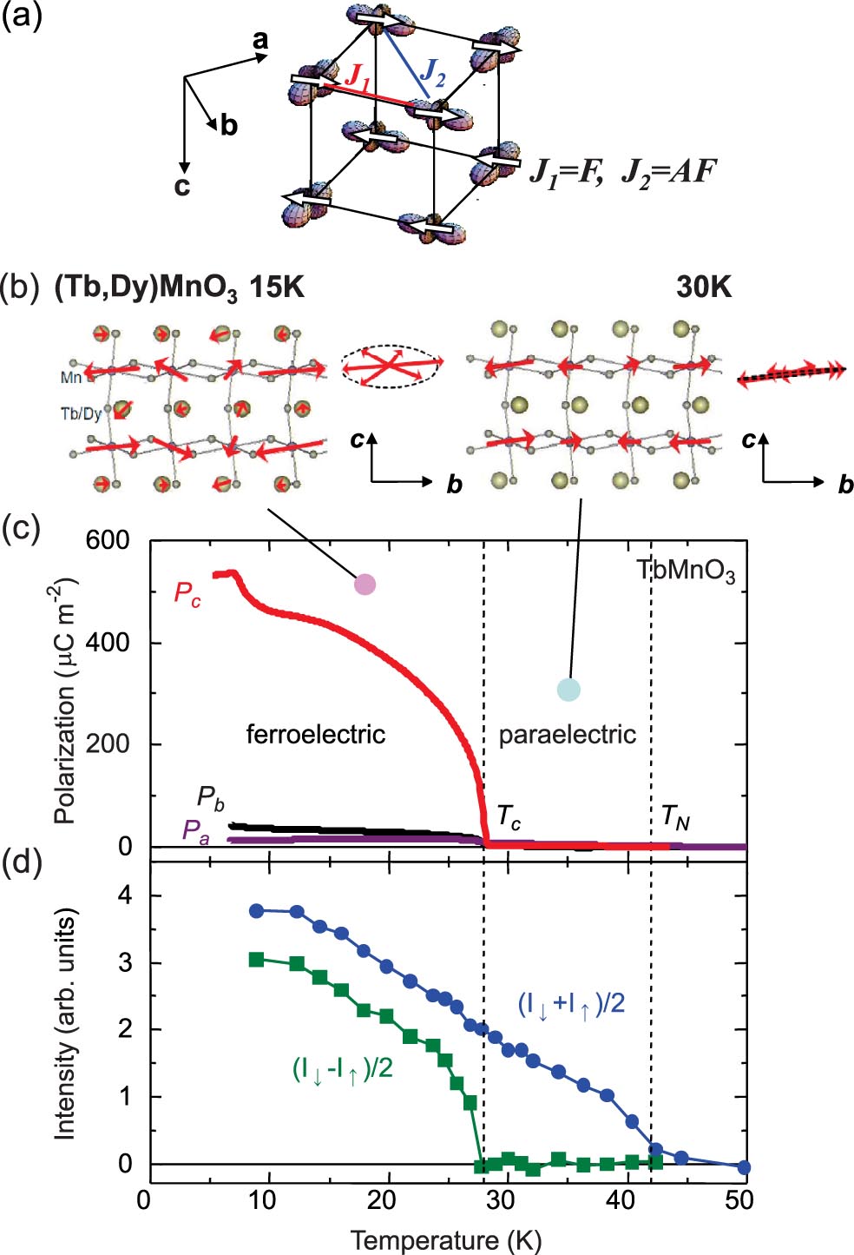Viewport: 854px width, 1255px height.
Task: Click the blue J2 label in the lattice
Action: pos(432,73)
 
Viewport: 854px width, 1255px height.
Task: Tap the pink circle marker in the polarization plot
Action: pos(365,584)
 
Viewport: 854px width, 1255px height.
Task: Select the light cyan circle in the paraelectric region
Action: pos(568,689)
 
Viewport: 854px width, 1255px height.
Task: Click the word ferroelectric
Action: pos(316,734)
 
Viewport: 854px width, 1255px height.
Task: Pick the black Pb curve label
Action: pos(210,798)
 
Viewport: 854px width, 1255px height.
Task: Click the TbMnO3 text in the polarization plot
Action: pos(686,572)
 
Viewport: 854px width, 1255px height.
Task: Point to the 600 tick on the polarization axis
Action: pos(108,541)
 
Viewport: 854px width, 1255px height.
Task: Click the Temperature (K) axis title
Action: pos(446,1238)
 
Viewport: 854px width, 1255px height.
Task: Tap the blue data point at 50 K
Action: pos(744,1167)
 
